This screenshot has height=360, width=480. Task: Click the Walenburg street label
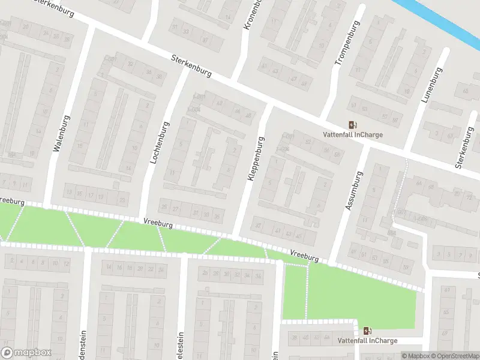[57, 135]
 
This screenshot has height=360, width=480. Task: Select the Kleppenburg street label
[256, 159]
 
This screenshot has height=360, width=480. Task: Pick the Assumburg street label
[355, 191]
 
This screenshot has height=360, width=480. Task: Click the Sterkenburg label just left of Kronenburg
[191, 66]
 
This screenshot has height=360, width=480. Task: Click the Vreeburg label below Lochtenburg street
[158, 223]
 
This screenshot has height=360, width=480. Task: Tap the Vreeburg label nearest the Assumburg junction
[304, 256]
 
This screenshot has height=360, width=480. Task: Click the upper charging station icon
[353, 125]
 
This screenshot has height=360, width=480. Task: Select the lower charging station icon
[367, 331]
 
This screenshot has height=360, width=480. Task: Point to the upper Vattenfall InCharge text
[353, 135]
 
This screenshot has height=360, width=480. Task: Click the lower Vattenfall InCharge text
[367, 341]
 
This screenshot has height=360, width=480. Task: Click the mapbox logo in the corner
[26, 353]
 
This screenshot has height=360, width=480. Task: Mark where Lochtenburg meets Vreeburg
[142, 219]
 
